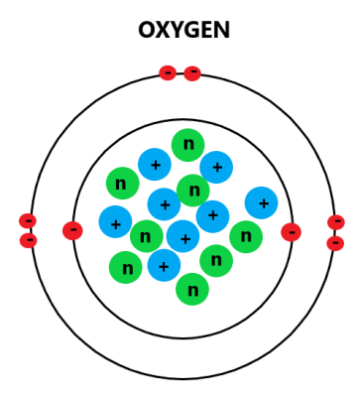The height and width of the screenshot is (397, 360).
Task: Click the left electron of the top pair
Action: pyautogui.click(x=168, y=72)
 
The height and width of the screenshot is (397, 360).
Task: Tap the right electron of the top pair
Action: pyautogui.click(x=192, y=72)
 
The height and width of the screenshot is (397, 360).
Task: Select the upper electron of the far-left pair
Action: pyautogui.click(x=28, y=220)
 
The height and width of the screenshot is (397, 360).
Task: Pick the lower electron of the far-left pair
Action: pyautogui.click(x=28, y=240)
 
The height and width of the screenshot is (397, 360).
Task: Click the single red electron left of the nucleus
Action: pyautogui.click(x=72, y=231)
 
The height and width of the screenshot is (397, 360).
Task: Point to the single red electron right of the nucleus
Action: pyautogui.click(x=291, y=232)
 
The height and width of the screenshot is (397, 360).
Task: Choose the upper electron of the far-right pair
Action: pyautogui.click(x=336, y=222)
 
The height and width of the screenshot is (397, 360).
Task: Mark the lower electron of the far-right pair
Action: pyautogui.click(x=335, y=243)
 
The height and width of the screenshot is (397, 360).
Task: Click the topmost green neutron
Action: pyautogui.click(x=187, y=145)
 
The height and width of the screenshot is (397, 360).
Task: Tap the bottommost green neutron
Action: pyautogui.click(x=192, y=289)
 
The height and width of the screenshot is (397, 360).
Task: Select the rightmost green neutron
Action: pyautogui.click(x=246, y=236)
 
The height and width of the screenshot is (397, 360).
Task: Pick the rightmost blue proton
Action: pyautogui.click(x=261, y=203)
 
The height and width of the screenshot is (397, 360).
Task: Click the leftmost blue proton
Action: pyautogui.click(x=115, y=222)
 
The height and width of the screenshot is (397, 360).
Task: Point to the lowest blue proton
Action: pyautogui.click(x=164, y=265)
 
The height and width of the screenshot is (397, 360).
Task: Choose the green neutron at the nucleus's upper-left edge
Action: pyautogui.click(x=122, y=184)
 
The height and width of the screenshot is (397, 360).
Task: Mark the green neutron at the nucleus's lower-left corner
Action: pyautogui.click(x=125, y=267)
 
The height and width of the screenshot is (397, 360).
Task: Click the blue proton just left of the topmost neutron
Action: pyautogui.click(x=155, y=165)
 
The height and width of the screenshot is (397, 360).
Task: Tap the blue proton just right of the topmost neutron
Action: pyautogui.click(x=216, y=167)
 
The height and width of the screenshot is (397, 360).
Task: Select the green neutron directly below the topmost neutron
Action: pyautogui.click(x=193, y=190)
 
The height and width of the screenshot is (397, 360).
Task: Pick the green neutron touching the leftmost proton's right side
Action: pyautogui.click(x=146, y=236)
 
